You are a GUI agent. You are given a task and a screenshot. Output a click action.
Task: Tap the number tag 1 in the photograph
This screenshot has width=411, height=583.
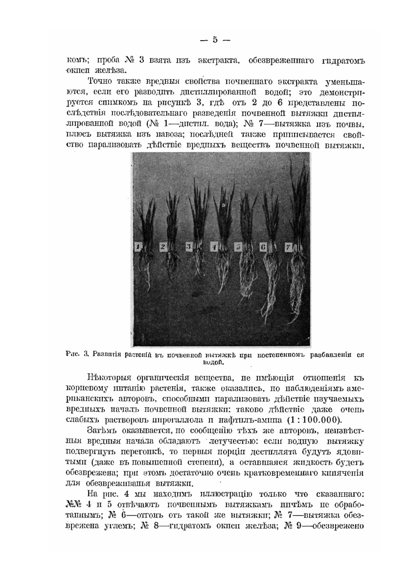(139, 248)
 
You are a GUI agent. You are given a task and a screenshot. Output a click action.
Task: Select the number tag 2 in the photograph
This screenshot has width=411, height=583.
(163, 248)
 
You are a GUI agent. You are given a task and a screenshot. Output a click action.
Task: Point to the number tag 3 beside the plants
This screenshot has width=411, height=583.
(189, 248)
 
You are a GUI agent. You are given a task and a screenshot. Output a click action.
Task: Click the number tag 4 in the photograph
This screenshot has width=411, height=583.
(214, 248)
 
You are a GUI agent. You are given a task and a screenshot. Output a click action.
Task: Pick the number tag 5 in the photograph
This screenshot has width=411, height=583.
(238, 248)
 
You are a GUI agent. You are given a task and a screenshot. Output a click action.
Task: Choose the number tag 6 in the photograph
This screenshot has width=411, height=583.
(263, 248)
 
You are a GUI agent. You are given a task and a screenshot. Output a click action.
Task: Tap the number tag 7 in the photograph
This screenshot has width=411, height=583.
(288, 248)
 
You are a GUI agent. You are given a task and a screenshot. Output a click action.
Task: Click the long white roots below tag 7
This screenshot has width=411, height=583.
(296, 294)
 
